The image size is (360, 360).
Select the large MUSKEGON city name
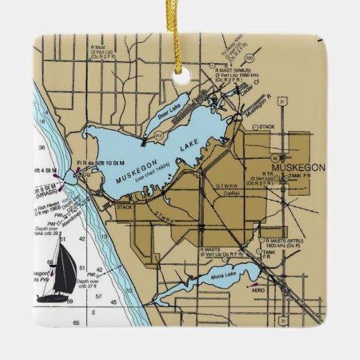(x=298, y=167)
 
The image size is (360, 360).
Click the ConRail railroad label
(x=232, y=193)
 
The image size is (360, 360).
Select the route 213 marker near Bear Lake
(x=158, y=136)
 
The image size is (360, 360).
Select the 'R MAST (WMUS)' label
(x=234, y=69)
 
